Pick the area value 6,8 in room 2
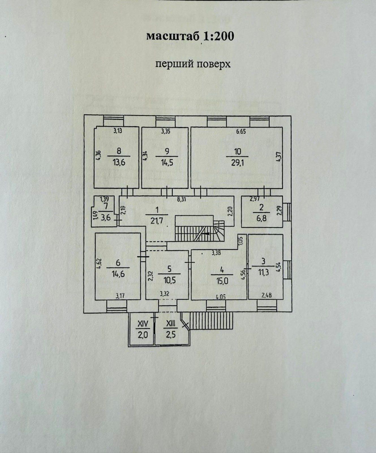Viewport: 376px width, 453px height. tap(261, 219)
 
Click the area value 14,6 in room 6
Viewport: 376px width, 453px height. tap(118, 273)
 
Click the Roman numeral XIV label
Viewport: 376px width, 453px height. tap(143, 323)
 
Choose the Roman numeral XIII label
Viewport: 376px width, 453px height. tap(171, 323)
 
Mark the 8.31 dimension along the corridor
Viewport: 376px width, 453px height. tap(182, 199)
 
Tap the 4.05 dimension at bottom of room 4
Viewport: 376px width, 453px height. tap(222, 297)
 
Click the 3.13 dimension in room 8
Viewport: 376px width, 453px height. tap(118, 131)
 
